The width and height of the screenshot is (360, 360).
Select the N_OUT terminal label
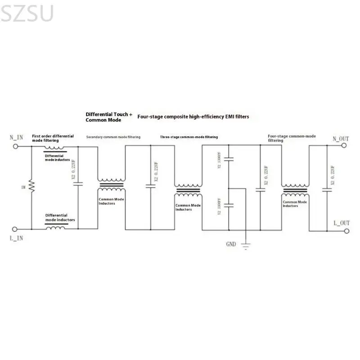click(x=341, y=139)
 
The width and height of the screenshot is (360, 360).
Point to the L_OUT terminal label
click(x=342, y=223)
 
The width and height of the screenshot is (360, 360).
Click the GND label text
click(x=231, y=244)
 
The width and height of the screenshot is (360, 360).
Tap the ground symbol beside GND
click(x=246, y=245)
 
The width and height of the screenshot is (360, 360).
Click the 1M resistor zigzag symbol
click(x=31, y=186)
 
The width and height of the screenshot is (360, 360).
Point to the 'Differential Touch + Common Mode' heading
click(x=109, y=117)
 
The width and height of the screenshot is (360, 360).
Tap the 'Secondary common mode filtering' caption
click(x=113, y=137)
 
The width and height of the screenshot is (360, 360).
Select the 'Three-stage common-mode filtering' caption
click(x=189, y=137)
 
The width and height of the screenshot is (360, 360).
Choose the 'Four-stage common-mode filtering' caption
click(x=291, y=138)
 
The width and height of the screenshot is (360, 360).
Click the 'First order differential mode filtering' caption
click(x=53, y=138)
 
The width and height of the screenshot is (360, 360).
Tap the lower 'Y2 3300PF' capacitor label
click(x=220, y=206)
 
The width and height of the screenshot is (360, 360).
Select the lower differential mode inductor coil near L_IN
click(x=56, y=227)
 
